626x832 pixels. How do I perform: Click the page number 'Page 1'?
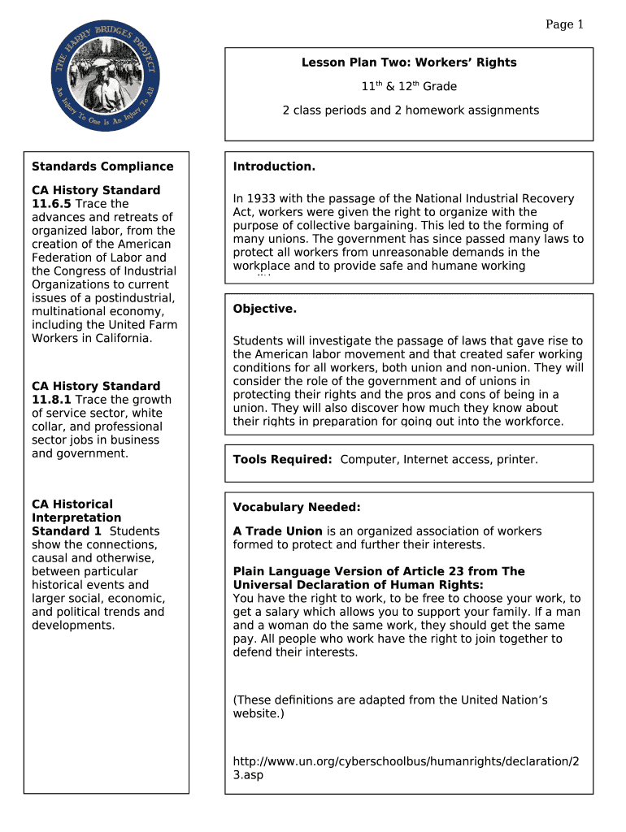click(x=564, y=24)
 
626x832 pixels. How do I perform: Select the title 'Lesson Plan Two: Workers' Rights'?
click(x=409, y=63)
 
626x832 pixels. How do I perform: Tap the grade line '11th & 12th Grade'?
click(x=409, y=86)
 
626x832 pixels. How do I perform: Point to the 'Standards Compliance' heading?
click(x=102, y=167)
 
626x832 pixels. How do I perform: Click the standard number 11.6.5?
click(x=51, y=204)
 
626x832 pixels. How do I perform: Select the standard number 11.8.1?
click(x=51, y=400)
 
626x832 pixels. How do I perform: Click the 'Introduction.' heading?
click(x=274, y=167)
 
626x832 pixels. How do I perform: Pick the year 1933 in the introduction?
click(x=263, y=199)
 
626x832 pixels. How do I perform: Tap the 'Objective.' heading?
click(x=265, y=309)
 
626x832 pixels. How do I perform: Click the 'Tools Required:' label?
click(x=282, y=460)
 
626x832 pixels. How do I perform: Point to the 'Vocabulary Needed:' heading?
click(x=296, y=508)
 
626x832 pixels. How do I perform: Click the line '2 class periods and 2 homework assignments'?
click(x=411, y=110)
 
